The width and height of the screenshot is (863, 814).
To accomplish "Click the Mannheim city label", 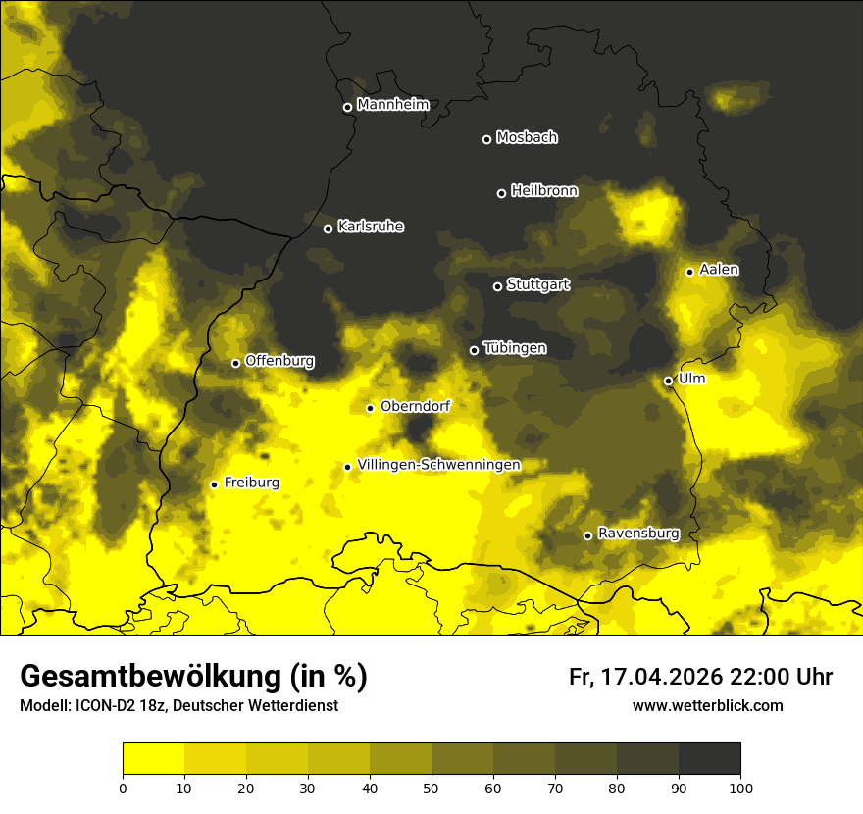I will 393,105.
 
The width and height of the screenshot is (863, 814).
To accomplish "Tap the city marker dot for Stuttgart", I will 497,286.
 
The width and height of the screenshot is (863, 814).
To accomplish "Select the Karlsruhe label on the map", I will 370,227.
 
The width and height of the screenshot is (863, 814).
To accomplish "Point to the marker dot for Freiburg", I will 214,484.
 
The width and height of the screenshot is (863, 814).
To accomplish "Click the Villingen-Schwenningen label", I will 438,465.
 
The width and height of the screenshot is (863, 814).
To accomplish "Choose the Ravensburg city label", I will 637,534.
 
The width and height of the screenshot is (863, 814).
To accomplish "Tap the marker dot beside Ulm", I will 668,381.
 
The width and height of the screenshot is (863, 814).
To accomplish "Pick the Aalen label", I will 719,270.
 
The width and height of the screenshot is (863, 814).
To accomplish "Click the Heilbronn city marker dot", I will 501,193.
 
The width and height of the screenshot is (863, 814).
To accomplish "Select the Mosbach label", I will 527,138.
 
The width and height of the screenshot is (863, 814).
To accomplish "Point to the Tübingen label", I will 515,348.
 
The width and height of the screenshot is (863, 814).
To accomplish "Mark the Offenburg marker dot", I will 235,363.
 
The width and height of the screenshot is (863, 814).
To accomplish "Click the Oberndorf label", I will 416,406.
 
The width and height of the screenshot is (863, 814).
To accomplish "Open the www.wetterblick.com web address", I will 707,705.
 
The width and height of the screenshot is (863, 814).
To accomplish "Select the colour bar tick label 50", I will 431,787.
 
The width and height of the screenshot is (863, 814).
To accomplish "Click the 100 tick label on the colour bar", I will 739,787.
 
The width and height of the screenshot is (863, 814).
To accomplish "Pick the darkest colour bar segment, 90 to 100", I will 709,759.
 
